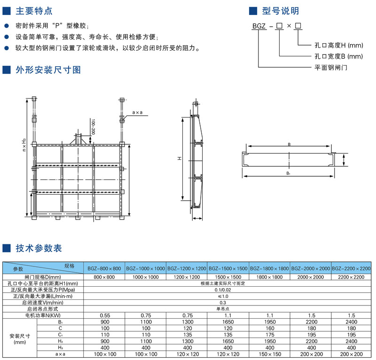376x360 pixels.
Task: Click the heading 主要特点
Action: point(34,11)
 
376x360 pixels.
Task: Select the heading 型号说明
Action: point(281,11)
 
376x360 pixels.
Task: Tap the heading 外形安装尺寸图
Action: point(48,70)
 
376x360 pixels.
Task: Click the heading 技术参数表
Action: point(39,248)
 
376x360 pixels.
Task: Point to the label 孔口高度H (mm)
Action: point(339,45)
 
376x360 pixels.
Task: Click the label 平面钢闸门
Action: point(331,68)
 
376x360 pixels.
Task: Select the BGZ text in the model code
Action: point(259,26)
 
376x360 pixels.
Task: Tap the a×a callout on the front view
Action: point(137,112)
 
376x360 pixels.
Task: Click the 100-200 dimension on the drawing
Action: point(93,127)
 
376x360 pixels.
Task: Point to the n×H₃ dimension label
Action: point(24,145)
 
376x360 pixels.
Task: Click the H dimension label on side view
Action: point(180,158)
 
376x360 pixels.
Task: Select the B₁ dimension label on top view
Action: point(288,173)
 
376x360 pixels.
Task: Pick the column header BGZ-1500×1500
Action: point(228,269)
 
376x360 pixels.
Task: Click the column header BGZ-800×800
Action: point(104,269)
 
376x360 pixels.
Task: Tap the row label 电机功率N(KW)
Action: point(43,315)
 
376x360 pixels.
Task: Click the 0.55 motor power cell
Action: point(105,315)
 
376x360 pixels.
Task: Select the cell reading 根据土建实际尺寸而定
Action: point(223,283)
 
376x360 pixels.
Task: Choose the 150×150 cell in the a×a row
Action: point(270,354)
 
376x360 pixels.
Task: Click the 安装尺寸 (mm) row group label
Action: point(20,339)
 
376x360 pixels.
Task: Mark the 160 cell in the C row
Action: point(270,329)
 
